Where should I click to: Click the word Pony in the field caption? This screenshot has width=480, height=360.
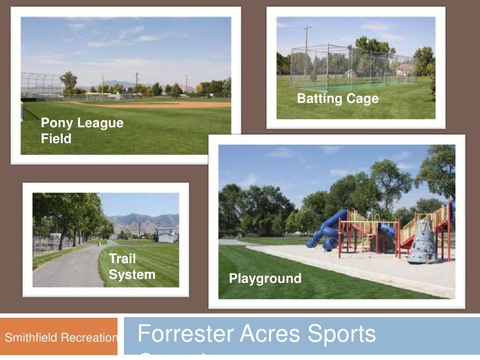point(55,123)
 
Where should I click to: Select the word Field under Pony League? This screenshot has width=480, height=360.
point(56,139)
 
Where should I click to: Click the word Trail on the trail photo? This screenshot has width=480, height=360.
point(122,258)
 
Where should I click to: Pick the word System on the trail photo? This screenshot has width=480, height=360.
point(132,274)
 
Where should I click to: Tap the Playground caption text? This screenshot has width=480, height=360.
point(265,279)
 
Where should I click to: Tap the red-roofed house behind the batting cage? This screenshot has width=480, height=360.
point(405,69)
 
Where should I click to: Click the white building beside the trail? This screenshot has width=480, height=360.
point(166,234)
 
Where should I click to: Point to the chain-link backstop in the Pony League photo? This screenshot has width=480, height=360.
point(41,84)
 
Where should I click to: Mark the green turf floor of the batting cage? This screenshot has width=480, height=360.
point(343,86)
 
